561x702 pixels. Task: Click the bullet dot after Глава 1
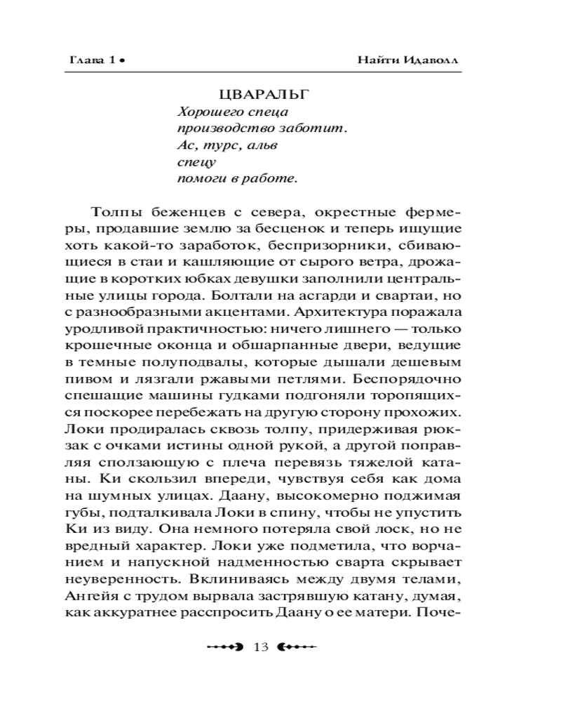(121, 61)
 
